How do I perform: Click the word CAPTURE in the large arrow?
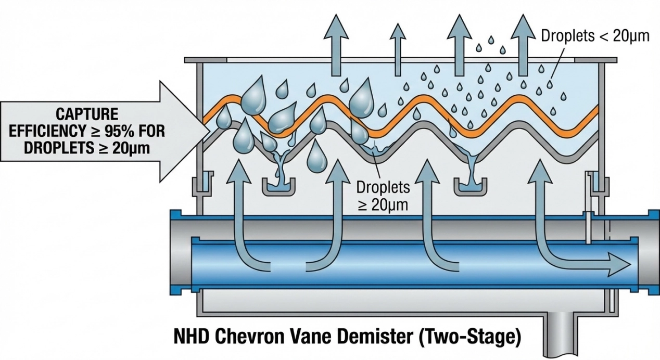click(87, 114)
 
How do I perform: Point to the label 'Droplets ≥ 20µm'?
click(383, 195)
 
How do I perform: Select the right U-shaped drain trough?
click(472, 187)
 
